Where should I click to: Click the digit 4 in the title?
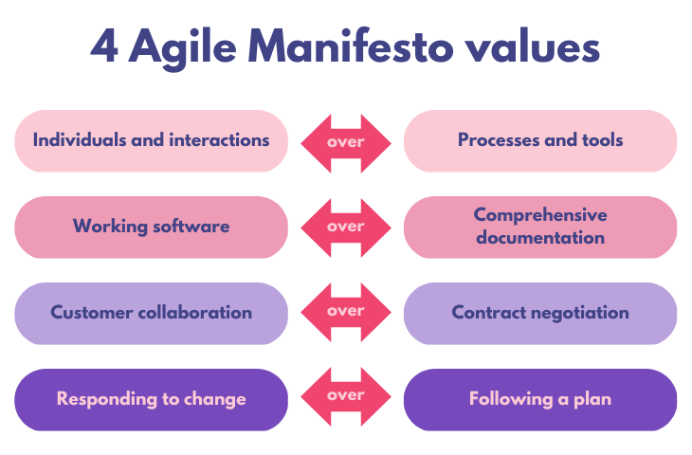point(105,45)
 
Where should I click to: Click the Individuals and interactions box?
point(151,140)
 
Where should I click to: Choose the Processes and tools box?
point(540,140)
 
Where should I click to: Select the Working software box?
point(151,227)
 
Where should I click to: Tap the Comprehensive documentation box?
point(540,227)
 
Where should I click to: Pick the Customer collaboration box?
point(151,313)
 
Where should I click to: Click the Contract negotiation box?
point(540,313)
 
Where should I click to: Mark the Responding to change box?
point(151,399)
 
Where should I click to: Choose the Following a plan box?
point(540,399)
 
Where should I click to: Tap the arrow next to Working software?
point(346,227)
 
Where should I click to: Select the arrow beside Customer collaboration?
point(346,312)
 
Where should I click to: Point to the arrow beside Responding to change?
point(346,395)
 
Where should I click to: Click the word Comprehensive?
point(540,216)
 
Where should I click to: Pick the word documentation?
point(540,237)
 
